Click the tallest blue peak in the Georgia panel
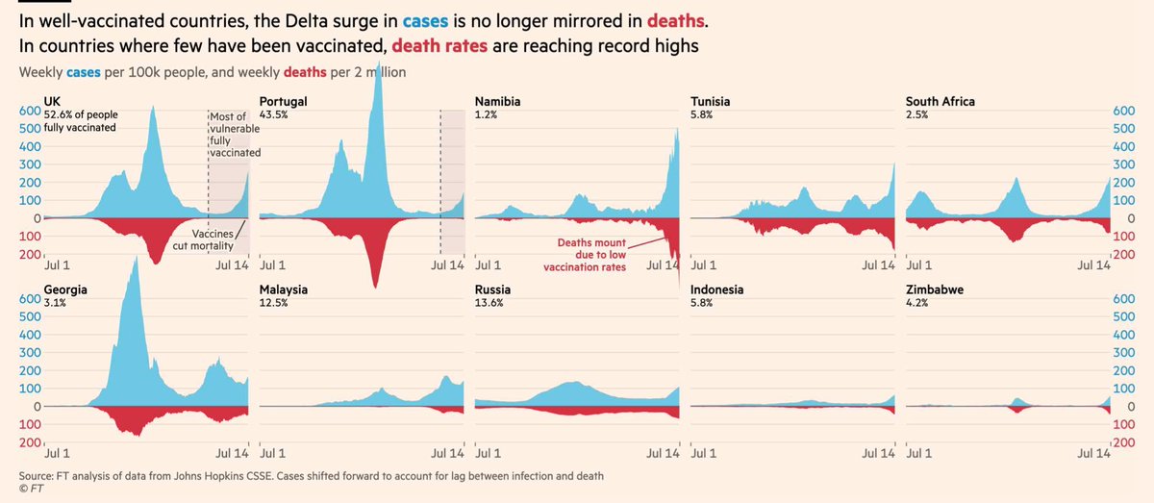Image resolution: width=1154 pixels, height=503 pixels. click(x=136, y=262)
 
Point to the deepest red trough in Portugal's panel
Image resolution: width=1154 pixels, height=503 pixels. click(x=375, y=285)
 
